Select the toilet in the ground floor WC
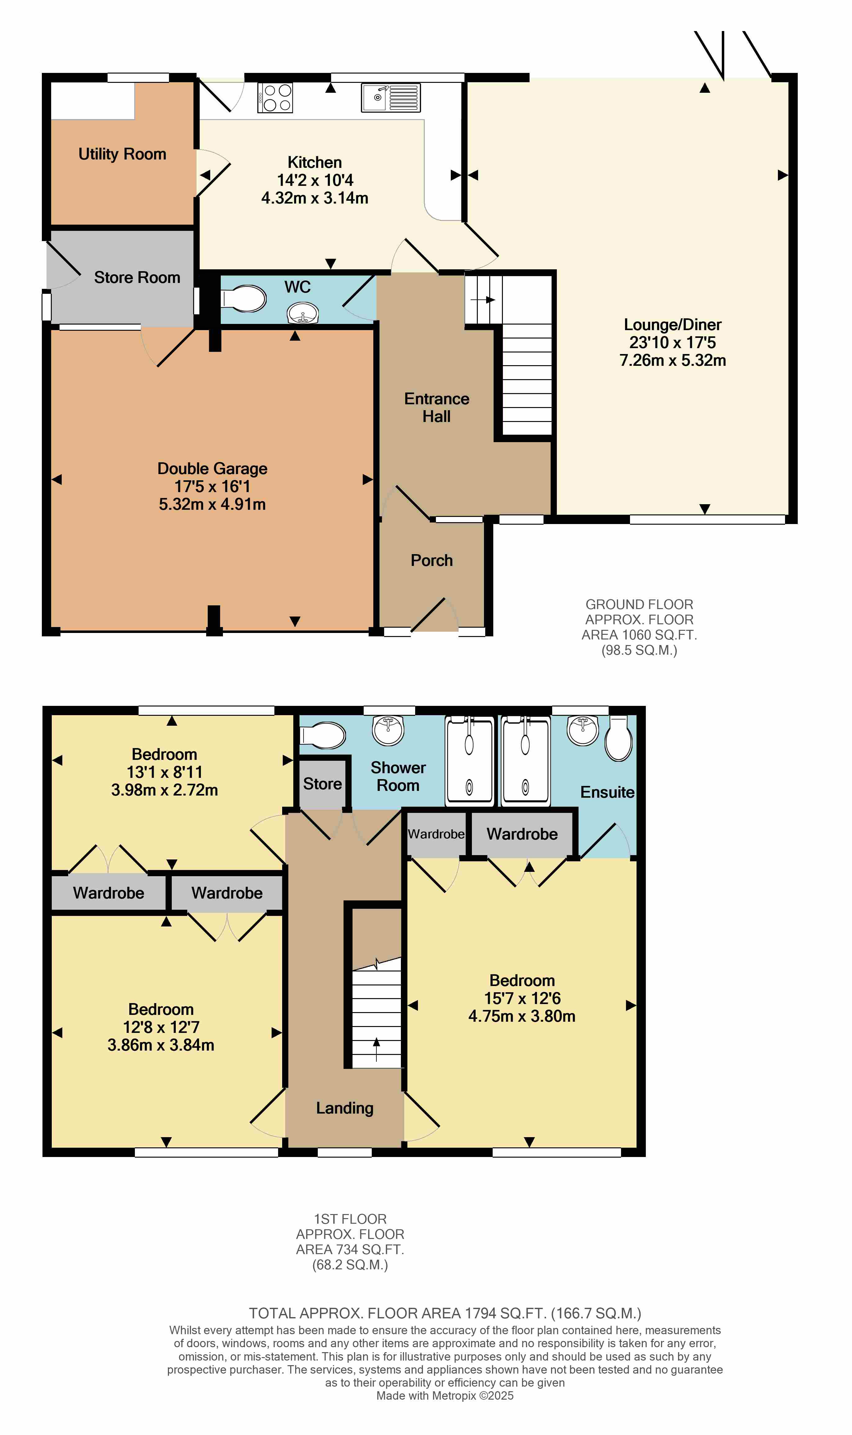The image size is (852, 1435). pos(243,298)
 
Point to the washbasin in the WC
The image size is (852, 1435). pos(303,314)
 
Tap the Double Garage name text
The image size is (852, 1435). pos(212,469)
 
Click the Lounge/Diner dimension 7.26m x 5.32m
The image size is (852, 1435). pos(673,360)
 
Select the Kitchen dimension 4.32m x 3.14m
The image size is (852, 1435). pos(315,198)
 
